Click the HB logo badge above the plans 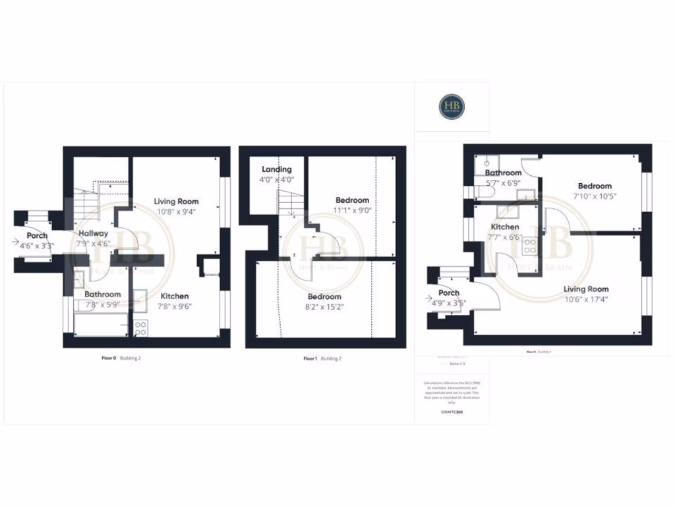(452, 106)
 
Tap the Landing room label (277, 169)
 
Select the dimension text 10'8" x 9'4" (176, 211)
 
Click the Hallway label (94, 233)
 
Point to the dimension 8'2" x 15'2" (324, 306)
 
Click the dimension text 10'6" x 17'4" (586, 299)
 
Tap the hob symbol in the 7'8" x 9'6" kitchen (140, 327)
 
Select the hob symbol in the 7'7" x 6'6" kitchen (530, 246)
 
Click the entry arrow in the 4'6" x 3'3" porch (16, 242)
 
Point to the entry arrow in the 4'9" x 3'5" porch (430, 298)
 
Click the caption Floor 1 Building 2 (322, 358)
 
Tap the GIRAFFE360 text (452, 412)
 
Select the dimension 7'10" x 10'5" (594, 196)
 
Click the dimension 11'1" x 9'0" (353, 211)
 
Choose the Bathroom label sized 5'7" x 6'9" (503, 173)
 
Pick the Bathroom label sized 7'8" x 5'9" (102, 295)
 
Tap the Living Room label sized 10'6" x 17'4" (586, 289)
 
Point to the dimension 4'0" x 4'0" (277, 179)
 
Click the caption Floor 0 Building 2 (121, 358)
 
